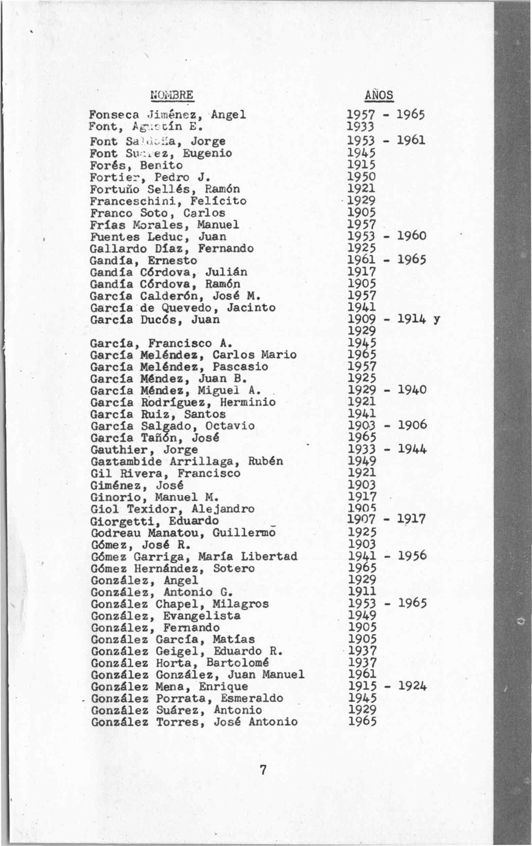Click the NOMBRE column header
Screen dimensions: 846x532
(x=172, y=95)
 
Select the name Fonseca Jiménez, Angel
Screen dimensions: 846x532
(x=167, y=115)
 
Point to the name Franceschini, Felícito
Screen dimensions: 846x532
(x=168, y=201)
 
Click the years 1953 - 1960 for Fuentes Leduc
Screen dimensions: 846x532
(x=387, y=236)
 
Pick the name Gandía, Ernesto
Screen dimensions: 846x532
(x=143, y=261)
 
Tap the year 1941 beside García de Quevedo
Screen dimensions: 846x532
(x=361, y=308)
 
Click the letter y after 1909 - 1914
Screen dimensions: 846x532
(x=437, y=320)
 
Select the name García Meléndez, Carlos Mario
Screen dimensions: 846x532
(x=193, y=355)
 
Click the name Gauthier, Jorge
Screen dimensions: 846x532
(x=144, y=450)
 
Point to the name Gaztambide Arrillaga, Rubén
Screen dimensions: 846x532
(x=187, y=462)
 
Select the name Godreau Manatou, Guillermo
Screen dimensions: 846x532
(x=183, y=533)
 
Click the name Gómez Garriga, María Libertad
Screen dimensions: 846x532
(x=194, y=557)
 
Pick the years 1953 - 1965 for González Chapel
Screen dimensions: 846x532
(x=387, y=604)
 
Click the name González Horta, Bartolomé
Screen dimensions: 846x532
(x=180, y=663)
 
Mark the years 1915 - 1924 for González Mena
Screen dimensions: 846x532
(x=387, y=687)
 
